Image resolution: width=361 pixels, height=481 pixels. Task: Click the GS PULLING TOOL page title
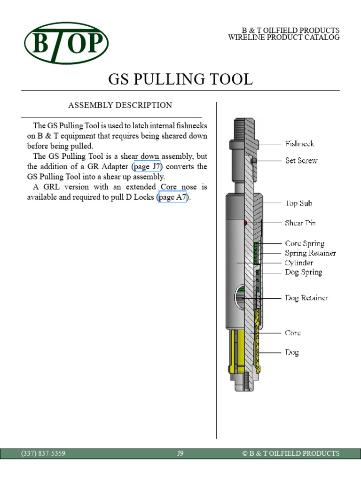(x=180, y=79)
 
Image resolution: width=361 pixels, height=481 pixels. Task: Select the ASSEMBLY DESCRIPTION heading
(x=120, y=105)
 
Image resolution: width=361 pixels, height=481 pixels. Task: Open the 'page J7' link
(x=147, y=167)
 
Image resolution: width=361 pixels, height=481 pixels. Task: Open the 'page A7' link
(x=173, y=197)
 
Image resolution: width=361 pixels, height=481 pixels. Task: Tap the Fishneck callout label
(x=299, y=144)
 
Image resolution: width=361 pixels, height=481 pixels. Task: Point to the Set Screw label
(x=301, y=161)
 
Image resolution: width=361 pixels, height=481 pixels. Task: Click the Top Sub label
(x=298, y=203)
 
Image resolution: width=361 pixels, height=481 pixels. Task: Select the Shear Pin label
(x=300, y=223)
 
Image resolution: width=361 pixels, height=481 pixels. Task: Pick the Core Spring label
(x=304, y=244)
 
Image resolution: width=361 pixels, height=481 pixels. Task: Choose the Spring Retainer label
(x=310, y=253)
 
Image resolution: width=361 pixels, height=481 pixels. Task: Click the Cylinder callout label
(x=299, y=263)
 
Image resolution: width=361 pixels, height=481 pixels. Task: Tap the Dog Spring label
(x=303, y=272)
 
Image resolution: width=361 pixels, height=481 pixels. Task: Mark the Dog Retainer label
(x=306, y=298)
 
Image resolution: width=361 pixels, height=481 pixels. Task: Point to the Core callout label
(x=293, y=333)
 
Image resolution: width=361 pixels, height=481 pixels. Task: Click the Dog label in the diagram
(x=292, y=352)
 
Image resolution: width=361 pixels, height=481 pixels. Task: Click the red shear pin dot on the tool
(x=245, y=223)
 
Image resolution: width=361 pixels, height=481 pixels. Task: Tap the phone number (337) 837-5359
(x=43, y=453)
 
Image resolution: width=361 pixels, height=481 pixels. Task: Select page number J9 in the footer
(x=180, y=453)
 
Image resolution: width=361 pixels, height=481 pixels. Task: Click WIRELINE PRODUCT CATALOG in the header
(x=283, y=38)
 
